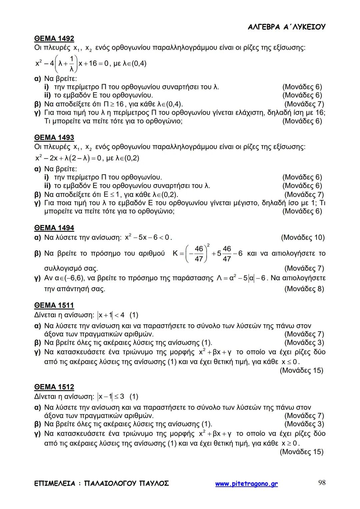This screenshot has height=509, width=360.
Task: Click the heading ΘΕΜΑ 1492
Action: [x=54, y=39]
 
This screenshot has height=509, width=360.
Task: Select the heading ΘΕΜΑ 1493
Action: [x=54, y=138]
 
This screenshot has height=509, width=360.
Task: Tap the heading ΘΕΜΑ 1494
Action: [x=54, y=228]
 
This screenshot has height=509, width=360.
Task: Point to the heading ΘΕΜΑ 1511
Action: [x=54, y=305]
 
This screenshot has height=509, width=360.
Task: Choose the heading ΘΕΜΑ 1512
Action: [x=54, y=387]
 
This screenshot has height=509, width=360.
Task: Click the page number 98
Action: [x=322, y=483]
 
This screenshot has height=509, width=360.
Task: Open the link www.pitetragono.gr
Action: [x=246, y=484]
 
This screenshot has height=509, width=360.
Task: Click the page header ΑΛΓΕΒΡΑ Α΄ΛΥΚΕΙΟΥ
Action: [x=287, y=27]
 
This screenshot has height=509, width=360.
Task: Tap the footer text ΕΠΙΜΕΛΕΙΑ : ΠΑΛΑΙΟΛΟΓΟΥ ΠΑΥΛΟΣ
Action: [x=102, y=483]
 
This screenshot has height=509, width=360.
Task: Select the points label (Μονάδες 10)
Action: [x=303, y=238]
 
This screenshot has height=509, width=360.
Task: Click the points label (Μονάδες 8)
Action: [x=304, y=289]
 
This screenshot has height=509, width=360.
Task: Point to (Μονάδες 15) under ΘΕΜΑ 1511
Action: [x=301, y=370]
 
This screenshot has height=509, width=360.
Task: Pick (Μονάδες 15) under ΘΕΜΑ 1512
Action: [x=301, y=452]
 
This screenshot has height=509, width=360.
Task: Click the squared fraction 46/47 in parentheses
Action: [x=198, y=254]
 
